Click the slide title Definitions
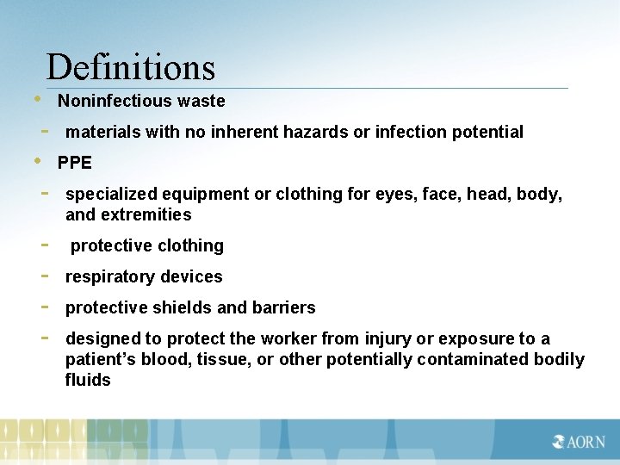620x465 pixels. coord(130,67)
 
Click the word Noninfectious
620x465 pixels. coord(115,101)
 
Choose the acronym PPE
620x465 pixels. coord(75,163)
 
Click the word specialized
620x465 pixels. coord(109,194)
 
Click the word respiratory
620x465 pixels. coord(109,276)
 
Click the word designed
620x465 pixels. coord(101,338)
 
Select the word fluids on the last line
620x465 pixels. coord(88,380)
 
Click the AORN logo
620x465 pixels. coord(578,442)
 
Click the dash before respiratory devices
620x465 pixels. coord(44,276)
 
